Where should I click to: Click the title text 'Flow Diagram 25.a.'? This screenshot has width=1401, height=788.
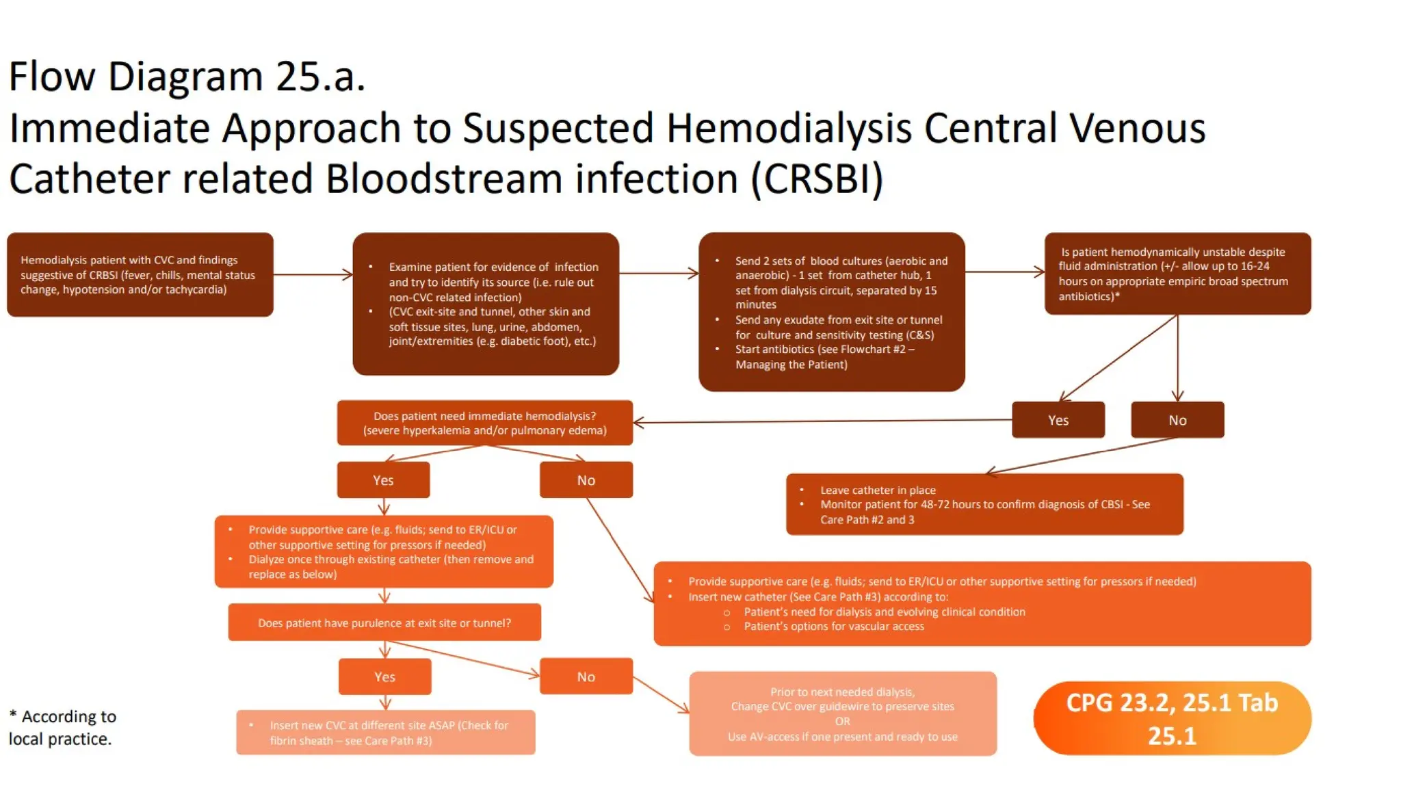tap(187, 76)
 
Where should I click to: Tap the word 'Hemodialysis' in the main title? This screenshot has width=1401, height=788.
tap(789, 128)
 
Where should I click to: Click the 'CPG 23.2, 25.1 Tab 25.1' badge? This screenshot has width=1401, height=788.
tap(1172, 718)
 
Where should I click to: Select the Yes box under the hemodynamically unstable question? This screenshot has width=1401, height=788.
tap(1058, 420)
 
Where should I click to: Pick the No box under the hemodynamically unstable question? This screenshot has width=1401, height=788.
tap(1177, 420)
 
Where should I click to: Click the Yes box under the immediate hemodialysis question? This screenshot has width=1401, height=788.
tap(383, 480)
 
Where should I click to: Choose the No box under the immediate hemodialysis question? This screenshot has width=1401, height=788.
tap(586, 480)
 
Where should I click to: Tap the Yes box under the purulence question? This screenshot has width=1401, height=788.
tap(384, 677)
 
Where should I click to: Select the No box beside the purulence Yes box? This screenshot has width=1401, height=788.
tap(586, 677)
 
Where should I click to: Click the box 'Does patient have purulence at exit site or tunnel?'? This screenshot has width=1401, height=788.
tap(384, 622)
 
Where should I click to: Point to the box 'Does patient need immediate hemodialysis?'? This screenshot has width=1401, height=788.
tap(484, 423)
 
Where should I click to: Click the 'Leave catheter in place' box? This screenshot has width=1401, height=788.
tap(984, 505)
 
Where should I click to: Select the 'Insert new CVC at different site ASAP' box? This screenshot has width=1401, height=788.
tap(386, 733)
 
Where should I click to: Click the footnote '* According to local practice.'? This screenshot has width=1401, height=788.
tap(62, 727)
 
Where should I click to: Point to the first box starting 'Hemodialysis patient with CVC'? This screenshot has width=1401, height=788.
tap(140, 274)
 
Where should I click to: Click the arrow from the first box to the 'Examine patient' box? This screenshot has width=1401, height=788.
tap(313, 274)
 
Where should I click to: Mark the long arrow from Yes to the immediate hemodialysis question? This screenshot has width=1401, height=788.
tap(821, 421)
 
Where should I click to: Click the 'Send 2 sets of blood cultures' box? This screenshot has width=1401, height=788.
tap(831, 312)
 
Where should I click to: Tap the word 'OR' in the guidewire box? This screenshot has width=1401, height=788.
tap(842, 721)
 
